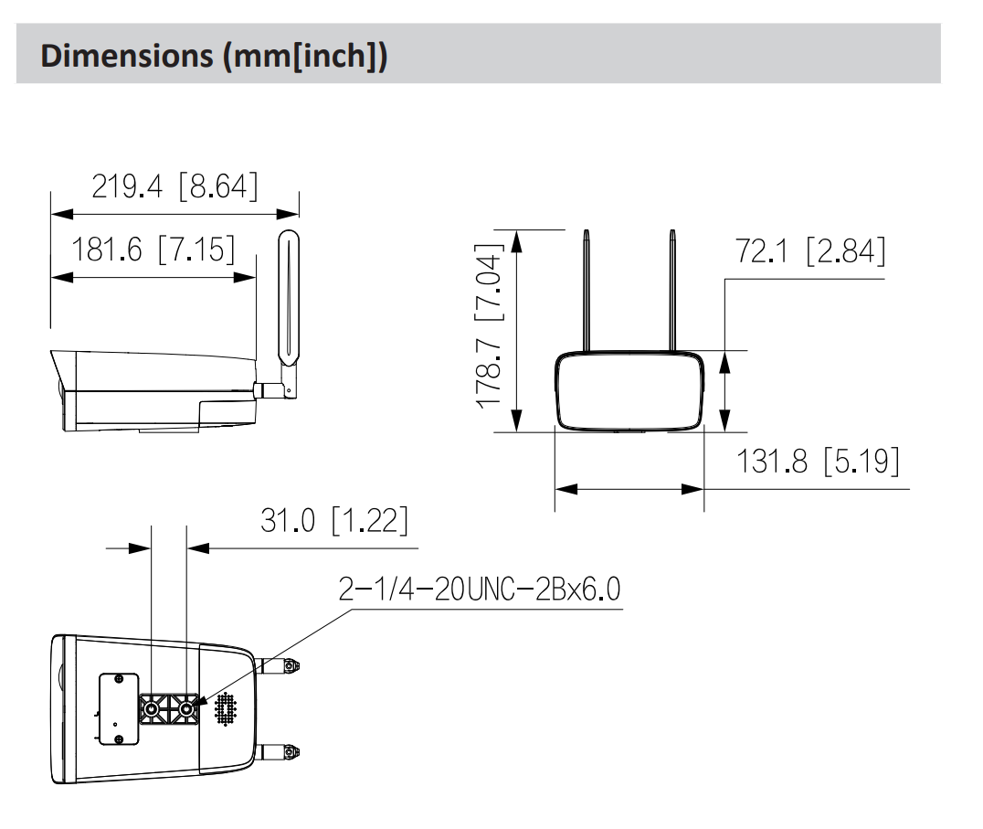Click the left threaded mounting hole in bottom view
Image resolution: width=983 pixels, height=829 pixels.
(151, 708)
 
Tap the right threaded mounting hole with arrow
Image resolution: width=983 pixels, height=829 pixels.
(185, 708)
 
